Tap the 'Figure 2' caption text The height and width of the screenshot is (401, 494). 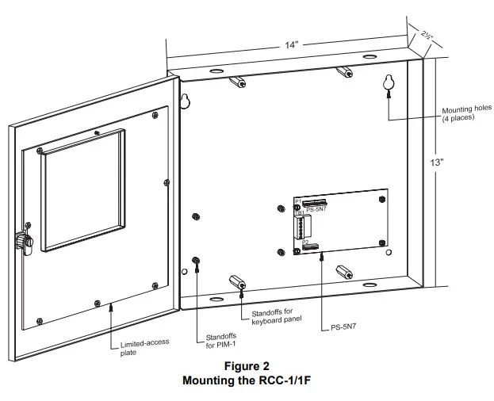(246, 366)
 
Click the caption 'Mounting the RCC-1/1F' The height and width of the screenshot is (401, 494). (246, 380)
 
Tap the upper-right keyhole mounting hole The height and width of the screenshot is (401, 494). (389, 82)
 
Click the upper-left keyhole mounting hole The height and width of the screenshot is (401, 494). (185, 101)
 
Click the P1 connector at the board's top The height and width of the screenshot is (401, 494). (316, 204)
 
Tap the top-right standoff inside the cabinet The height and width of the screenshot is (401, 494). (344, 74)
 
